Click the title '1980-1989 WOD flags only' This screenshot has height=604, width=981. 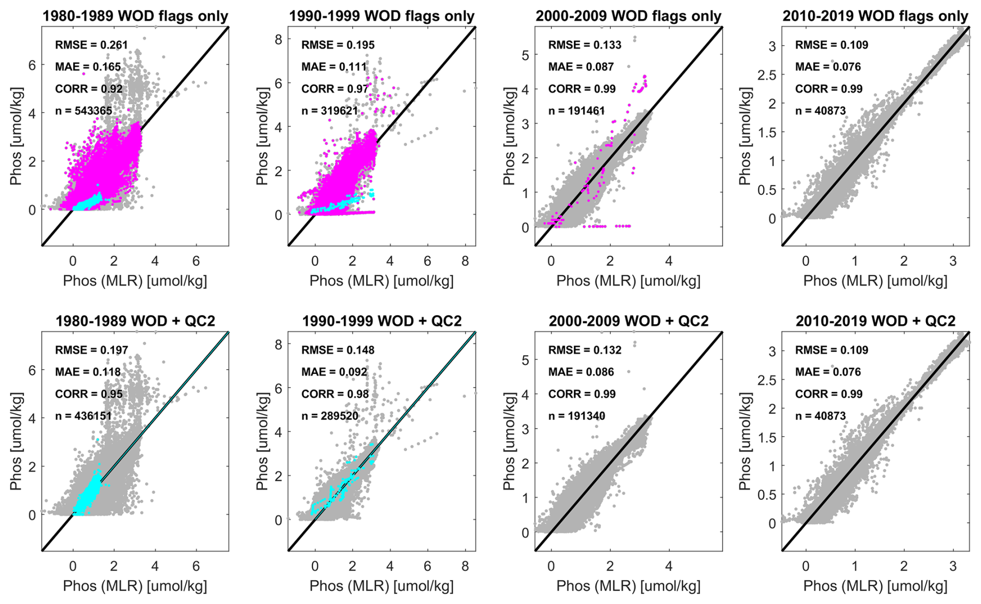[135, 16]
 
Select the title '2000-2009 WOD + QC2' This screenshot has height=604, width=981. [628, 321]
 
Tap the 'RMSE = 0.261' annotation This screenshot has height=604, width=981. [91, 45]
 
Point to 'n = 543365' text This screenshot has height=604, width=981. [83, 110]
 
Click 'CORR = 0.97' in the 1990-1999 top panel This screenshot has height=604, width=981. [335, 89]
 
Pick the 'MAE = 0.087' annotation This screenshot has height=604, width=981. [581, 67]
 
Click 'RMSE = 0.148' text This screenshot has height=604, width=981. [338, 350]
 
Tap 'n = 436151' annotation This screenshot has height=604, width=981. [83, 416]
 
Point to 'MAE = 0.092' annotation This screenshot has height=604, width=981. [334, 372]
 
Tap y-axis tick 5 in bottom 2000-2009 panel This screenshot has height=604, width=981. [525, 360]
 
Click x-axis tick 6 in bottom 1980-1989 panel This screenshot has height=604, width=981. [196, 566]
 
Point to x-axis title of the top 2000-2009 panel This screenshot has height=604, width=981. [628, 281]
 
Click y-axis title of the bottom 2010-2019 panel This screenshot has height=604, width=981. [745, 441]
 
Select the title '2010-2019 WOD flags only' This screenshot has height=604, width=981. [875, 16]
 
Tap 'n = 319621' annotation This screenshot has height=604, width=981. [330, 110]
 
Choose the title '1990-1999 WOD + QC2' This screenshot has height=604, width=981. [382, 321]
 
